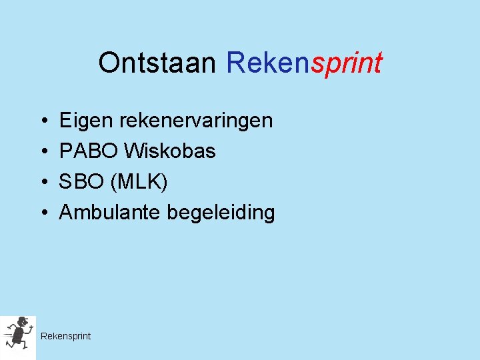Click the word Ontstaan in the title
(157, 63)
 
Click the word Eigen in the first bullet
(87, 121)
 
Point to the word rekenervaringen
(196, 121)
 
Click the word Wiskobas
(169, 151)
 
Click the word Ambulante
(111, 213)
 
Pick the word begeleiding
(221, 213)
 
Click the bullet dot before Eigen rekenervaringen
(42, 121)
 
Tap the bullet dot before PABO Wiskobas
(42, 152)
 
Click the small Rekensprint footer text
(65, 336)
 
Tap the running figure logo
(18, 334)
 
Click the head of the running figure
(23, 321)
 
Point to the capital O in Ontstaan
(109, 63)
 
